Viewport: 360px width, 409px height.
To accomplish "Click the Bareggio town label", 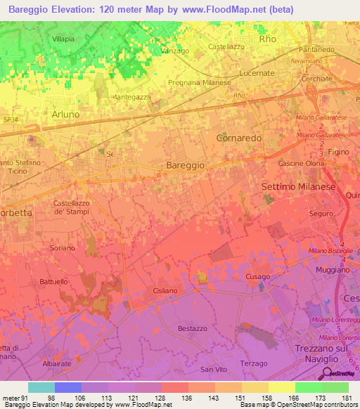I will coord(186,164).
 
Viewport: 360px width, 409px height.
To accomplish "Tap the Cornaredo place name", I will coord(239,138).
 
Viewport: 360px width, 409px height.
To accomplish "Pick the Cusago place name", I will coord(257,277).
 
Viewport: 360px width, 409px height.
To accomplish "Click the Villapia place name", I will coord(63,39).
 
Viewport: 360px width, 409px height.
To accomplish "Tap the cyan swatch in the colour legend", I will coord(41,387).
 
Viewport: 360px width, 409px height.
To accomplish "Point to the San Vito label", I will coord(211,369).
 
